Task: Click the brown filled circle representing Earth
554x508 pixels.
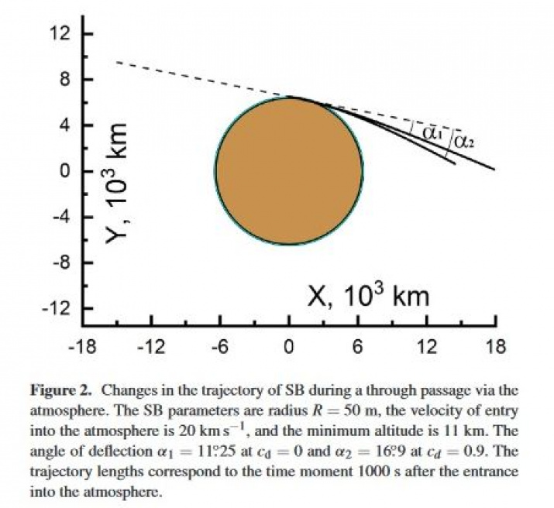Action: point(288,170)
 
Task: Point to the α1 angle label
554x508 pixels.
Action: point(432,132)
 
